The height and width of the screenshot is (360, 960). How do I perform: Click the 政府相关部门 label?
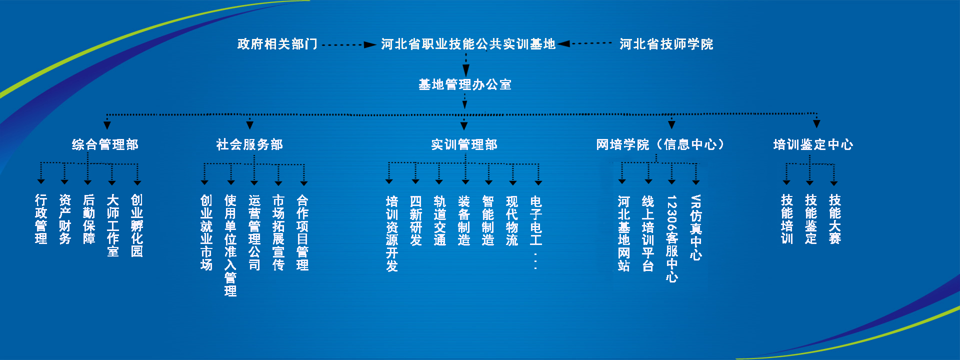pyautogui.click(x=277, y=44)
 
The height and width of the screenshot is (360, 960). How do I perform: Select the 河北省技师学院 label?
pyautogui.click(x=666, y=44)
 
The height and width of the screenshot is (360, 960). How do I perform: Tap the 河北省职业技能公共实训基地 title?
pyautogui.click(x=468, y=44)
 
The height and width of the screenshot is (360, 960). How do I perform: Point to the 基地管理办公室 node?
pyautogui.click(x=465, y=85)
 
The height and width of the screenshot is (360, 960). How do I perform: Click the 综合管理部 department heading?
pyautogui.click(x=105, y=145)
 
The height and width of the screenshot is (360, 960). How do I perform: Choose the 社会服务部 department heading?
pyautogui.click(x=249, y=145)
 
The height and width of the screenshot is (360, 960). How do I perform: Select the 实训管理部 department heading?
pyautogui.click(x=464, y=145)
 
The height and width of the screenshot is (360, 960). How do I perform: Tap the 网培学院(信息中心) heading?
pyautogui.click(x=660, y=145)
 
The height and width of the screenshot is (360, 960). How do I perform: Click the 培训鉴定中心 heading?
pyautogui.click(x=813, y=145)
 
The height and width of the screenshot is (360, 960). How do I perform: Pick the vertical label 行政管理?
pyautogui.click(x=41, y=219)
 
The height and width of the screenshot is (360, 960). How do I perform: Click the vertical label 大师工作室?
pyautogui.click(x=113, y=226)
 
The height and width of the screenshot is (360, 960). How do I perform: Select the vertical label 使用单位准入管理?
pyautogui.click(x=230, y=245)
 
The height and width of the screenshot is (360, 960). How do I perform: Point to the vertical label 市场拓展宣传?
pyautogui.click(x=278, y=232)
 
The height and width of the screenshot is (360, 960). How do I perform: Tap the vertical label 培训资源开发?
pyautogui.click(x=392, y=233)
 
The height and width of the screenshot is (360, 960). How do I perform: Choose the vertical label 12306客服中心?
pyautogui.click(x=672, y=238)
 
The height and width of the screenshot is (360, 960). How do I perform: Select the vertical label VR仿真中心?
pyautogui.click(x=696, y=227)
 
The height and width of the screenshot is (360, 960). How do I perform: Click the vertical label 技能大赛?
pyautogui.click(x=835, y=219)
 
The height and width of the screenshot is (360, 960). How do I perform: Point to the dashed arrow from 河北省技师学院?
pyautogui.click(x=585, y=44)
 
